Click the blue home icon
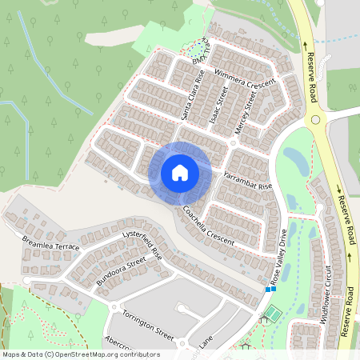[x=180, y=172]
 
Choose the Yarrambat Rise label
[x=249, y=179]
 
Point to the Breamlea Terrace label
[x=51, y=242]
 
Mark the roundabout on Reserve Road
[x=319, y=120]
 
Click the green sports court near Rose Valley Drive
[x=271, y=314]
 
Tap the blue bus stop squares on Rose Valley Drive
[x=270, y=289]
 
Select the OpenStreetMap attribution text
[x=80, y=354]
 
